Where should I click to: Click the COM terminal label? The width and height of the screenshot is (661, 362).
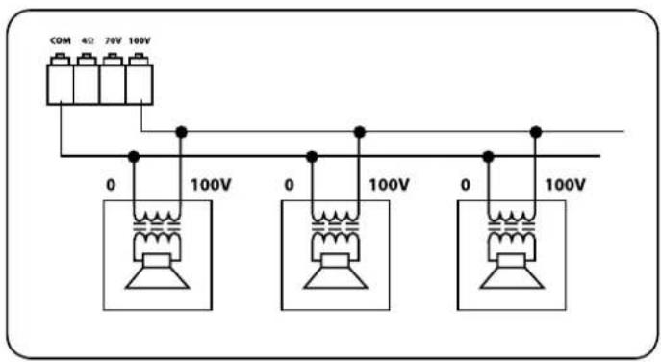pos(61,41)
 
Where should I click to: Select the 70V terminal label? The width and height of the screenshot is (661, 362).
pos(113,41)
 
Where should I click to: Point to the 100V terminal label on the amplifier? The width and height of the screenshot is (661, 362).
pos(140,41)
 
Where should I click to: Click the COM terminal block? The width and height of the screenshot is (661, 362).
pos(61,81)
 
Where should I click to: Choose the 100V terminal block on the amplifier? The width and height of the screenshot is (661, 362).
pos(140,81)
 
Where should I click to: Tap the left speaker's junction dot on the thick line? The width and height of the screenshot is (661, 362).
pos(134,155)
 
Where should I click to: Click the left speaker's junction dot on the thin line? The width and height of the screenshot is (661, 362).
pos(180,131)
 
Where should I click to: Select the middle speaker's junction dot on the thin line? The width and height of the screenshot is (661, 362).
pos(359,131)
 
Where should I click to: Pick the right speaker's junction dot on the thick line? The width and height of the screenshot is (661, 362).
pos(489,155)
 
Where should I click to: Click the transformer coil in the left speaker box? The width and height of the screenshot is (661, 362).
pos(156,231)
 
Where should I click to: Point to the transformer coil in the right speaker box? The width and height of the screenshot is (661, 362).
pos(511,231)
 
